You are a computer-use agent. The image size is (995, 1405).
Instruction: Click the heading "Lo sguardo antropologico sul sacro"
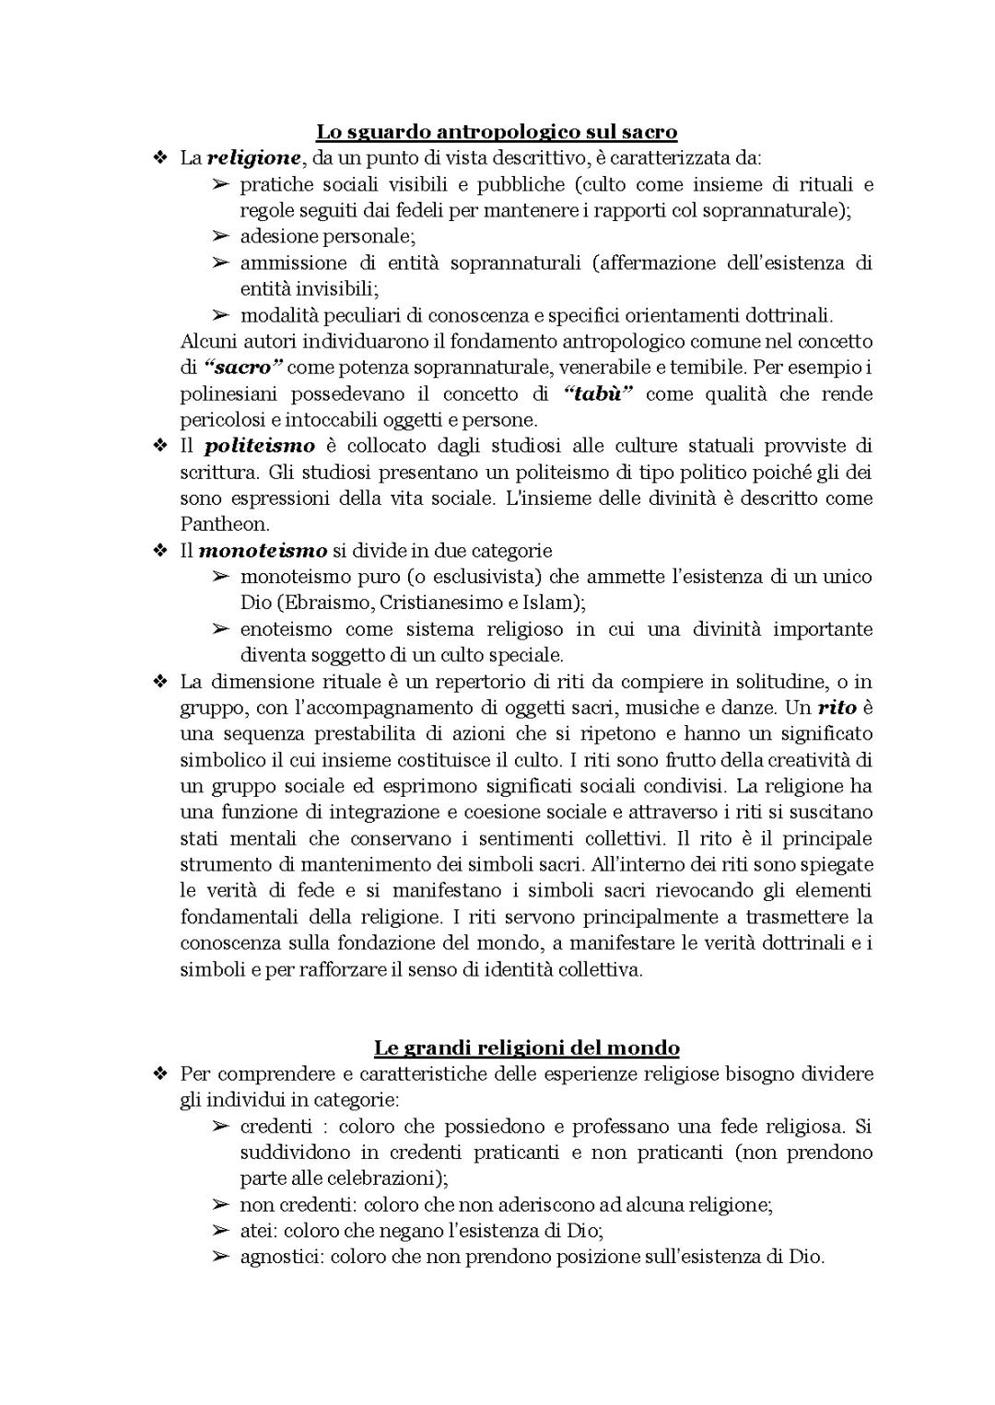[x=497, y=132]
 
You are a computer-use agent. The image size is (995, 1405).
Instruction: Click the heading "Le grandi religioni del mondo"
[x=526, y=1048]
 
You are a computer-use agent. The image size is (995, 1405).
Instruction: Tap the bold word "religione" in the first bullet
[x=253, y=158]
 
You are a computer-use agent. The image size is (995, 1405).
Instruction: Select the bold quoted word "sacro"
[x=243, y=368]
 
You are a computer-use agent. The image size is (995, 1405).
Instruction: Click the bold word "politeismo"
[x=259, y=447]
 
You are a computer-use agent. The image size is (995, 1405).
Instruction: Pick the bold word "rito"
[x=837, y=708]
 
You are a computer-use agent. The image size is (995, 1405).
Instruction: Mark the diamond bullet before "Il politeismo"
[x=159, y=447]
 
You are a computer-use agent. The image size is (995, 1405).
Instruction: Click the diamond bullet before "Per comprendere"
[x=159, y=1074]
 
